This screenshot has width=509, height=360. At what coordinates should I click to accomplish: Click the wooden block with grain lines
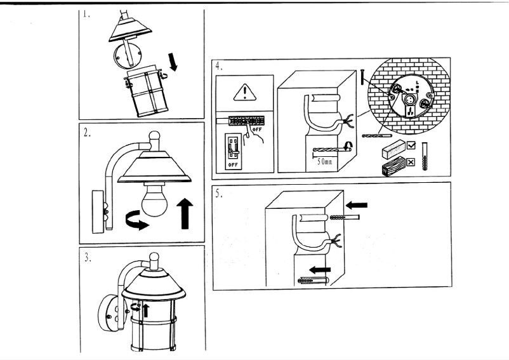393,167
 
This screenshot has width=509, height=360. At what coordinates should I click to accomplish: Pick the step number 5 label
218,194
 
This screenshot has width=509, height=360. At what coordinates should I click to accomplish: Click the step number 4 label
218,65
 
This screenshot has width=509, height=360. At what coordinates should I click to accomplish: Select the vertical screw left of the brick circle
361,77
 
